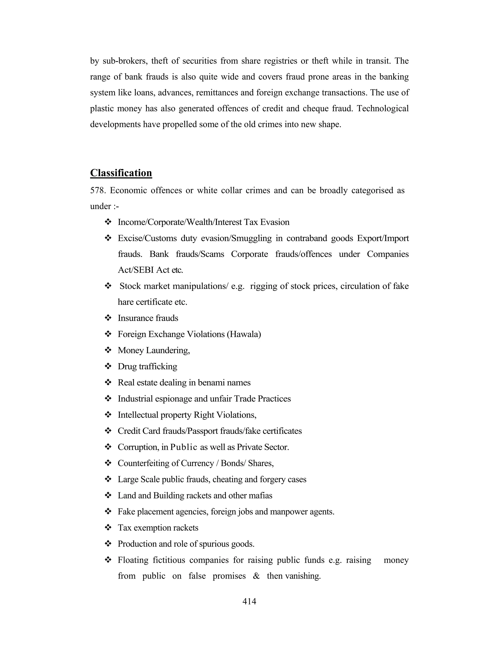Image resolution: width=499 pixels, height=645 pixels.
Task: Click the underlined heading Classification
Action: point(121,173)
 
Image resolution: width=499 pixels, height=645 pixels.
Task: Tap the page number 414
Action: point(249,601)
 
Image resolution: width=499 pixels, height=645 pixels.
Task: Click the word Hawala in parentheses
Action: point(244,334)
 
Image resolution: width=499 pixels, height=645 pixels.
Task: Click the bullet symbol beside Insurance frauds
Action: point(108,318)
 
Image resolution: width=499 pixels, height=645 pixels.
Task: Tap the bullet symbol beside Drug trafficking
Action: point(108,366)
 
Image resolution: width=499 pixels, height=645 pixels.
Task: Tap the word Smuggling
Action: point(251,238)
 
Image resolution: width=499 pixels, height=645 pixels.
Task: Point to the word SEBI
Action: point(144,270)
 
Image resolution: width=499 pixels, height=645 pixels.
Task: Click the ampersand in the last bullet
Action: point(256,576)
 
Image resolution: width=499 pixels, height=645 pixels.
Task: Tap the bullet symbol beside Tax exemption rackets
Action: point(108,527)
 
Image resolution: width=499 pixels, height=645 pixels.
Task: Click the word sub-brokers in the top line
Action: point(124,61)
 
